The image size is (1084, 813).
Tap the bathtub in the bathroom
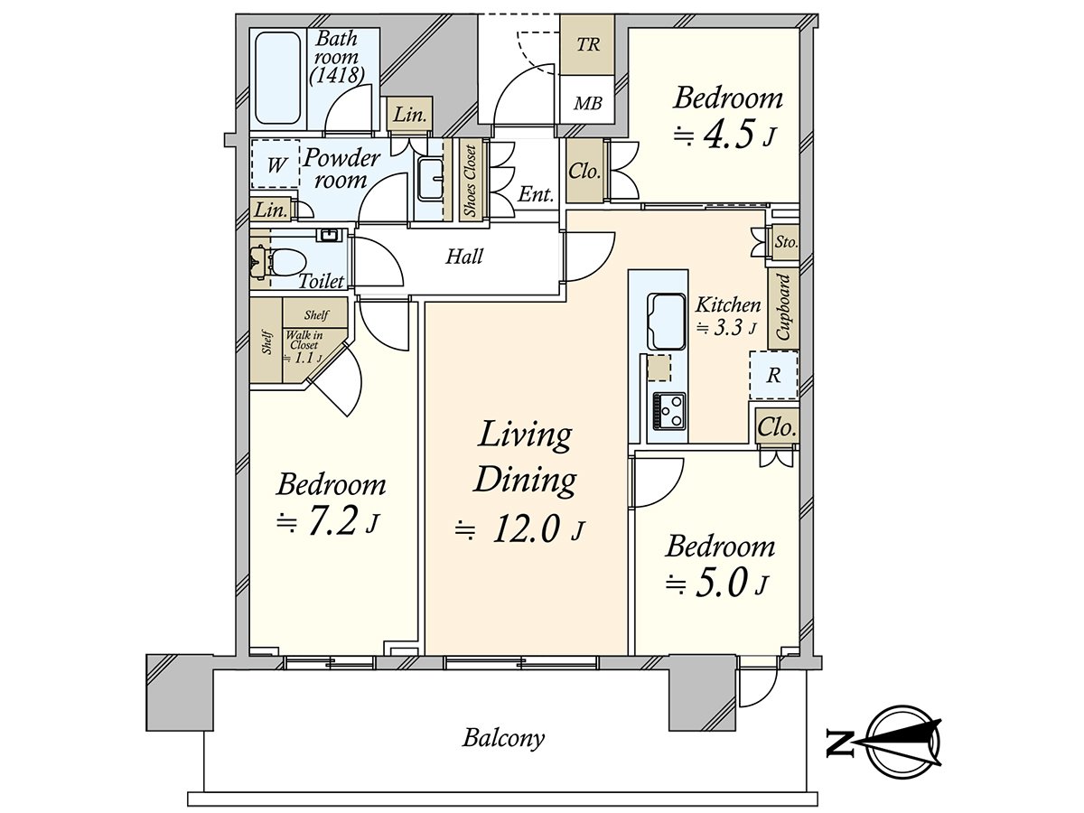click(277, 78)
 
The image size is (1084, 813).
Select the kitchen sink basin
click(666, 321)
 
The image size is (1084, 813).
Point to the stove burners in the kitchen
click(669, 410)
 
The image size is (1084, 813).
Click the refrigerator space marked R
click(773, 375)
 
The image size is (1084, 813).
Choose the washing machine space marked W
click(276, 164)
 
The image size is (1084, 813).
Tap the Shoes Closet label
click(470, 181)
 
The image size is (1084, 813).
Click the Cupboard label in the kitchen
click(783, 307)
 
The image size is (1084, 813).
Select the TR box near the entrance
click(588, 45)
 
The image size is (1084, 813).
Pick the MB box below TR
click(588, 103)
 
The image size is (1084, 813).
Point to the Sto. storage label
click(786, 242)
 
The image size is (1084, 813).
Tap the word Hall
click(464, 257)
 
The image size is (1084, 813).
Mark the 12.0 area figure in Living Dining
click(526, 529)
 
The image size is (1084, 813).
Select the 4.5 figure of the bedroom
click(731, 135)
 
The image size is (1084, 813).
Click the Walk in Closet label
click(302, 345)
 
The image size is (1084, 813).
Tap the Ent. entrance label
click(536, 194)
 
